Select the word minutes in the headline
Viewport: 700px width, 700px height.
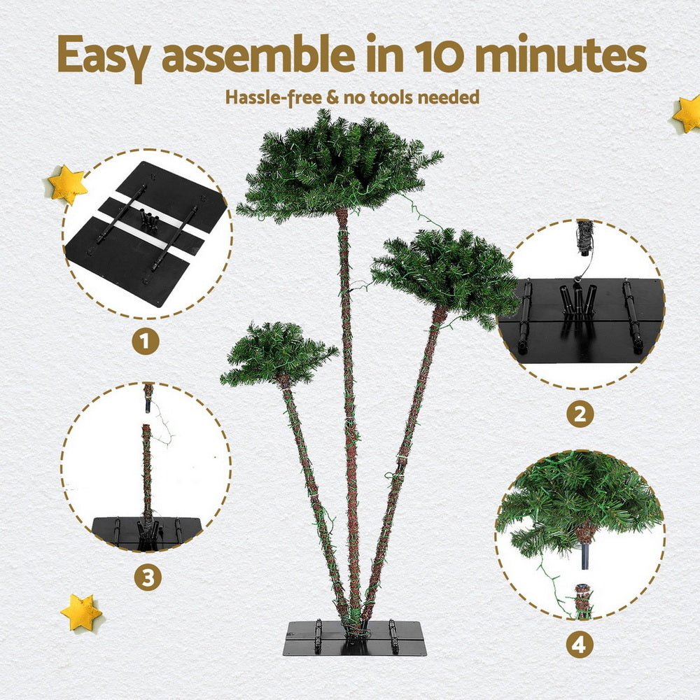[566, 55]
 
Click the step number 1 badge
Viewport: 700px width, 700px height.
[146, 342]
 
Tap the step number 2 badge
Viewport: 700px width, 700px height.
[580, 414]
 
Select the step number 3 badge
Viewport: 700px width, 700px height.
[148, 577]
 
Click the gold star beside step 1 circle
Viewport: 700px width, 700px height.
[68, 185]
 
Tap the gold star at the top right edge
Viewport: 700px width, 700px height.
[687, 114]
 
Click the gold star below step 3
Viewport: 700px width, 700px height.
[81, 612]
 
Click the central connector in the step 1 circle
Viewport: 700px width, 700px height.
[149, 220]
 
